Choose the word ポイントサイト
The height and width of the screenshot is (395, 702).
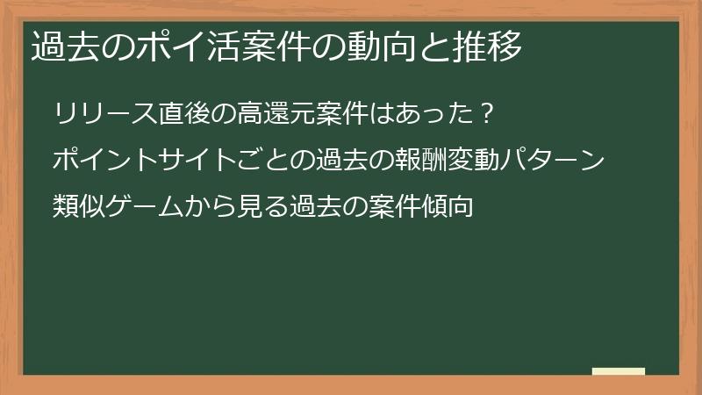146,161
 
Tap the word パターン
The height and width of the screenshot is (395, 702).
554,161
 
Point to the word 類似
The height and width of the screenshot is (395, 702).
78,207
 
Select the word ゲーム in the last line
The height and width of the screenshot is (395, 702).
145,207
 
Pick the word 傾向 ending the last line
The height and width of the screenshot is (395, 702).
448,207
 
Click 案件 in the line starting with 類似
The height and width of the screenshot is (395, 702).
395,207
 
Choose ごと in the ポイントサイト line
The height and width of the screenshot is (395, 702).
264,161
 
